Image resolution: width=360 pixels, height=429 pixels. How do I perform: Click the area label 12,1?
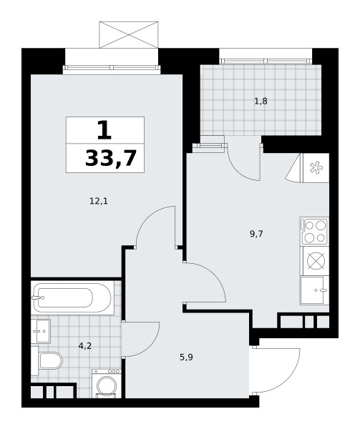pos(99,202)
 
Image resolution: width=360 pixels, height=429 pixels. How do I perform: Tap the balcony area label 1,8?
pos(261,102)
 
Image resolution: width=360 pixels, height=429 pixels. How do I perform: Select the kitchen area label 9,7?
pos(256,234)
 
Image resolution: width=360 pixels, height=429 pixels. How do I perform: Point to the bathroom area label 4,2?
pos(85,346)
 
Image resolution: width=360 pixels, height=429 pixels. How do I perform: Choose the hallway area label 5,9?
pos(186,357)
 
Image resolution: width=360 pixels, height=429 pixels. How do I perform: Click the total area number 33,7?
pos(111,159)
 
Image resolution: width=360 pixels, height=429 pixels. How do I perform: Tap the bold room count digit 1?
pos(104,131)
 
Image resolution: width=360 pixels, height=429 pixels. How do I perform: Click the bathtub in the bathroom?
pos(72,297)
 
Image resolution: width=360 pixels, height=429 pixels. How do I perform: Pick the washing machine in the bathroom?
pos(106,383)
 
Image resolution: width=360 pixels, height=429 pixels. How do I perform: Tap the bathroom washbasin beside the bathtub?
pos(41,331)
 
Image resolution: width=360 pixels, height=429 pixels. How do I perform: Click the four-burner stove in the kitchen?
pos(314,231)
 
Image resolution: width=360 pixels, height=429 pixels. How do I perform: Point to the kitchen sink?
pos(314,290)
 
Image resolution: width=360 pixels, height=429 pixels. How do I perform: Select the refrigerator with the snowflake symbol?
pos(316,168)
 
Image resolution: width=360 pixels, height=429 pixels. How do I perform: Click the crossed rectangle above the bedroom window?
pos(129,35)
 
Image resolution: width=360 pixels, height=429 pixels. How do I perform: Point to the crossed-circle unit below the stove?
pos(316,261)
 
